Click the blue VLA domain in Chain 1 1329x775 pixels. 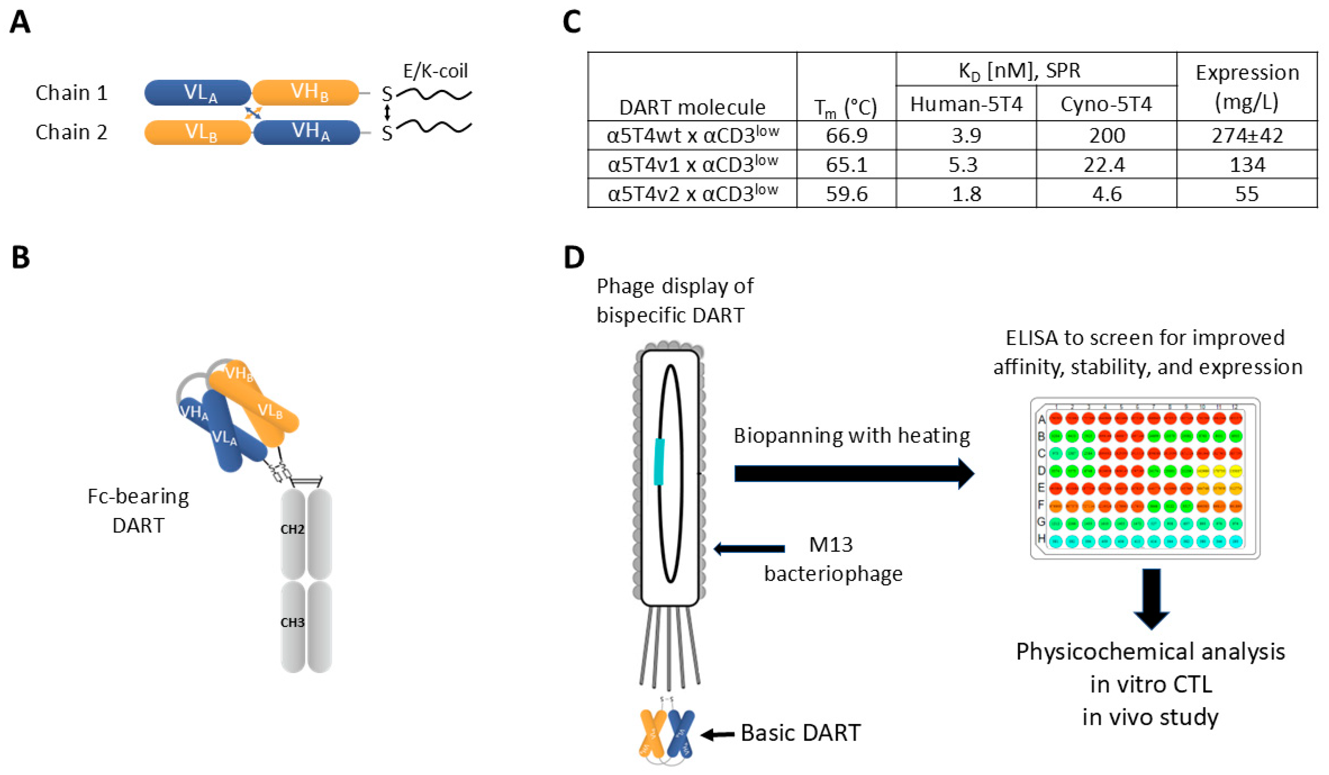coord(198,93)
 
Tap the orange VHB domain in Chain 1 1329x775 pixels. coord(306,93)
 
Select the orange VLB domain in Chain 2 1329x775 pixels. coord(198,132)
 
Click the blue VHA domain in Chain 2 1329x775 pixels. coord(307,132)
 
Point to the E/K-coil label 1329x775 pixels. coord(435,71)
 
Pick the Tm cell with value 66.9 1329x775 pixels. coord(846,136)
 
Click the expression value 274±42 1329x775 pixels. coord(1247,136)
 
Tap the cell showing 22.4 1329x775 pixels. coord(1106,165)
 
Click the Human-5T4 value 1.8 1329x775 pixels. coord(966,194)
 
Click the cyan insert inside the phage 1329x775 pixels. coord(659,461)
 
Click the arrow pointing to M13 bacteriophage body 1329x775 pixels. coord(749,549)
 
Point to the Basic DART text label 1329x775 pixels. coord(800,733)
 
